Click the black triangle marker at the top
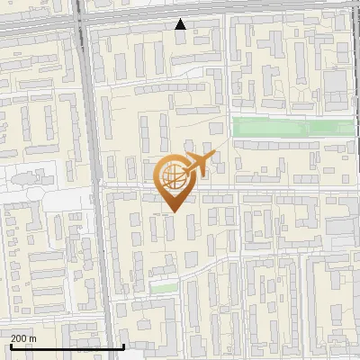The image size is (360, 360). point(181,24)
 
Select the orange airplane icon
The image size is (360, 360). point(199,164)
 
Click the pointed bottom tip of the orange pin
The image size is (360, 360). point(171,211)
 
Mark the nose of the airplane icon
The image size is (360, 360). point(216,154)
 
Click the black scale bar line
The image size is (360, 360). point(67,346)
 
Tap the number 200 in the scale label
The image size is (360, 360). point(19,338)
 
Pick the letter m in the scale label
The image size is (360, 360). point(33,338)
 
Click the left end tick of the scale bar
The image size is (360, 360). point(10,346)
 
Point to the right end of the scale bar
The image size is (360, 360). point(123,346)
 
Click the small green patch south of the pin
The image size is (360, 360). point(163,288)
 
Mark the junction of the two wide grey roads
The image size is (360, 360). point(83,20)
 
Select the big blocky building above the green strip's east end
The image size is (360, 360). point(335,85)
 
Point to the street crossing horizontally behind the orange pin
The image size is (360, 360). point(270,188)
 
